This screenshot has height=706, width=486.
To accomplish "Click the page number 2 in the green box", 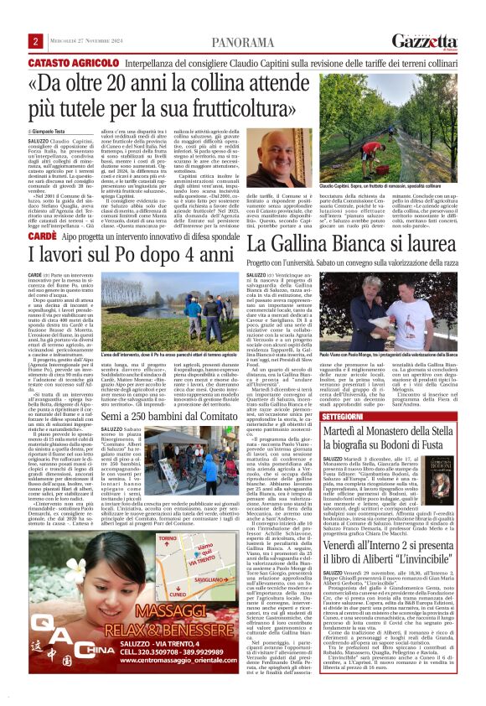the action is pos(36,41).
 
